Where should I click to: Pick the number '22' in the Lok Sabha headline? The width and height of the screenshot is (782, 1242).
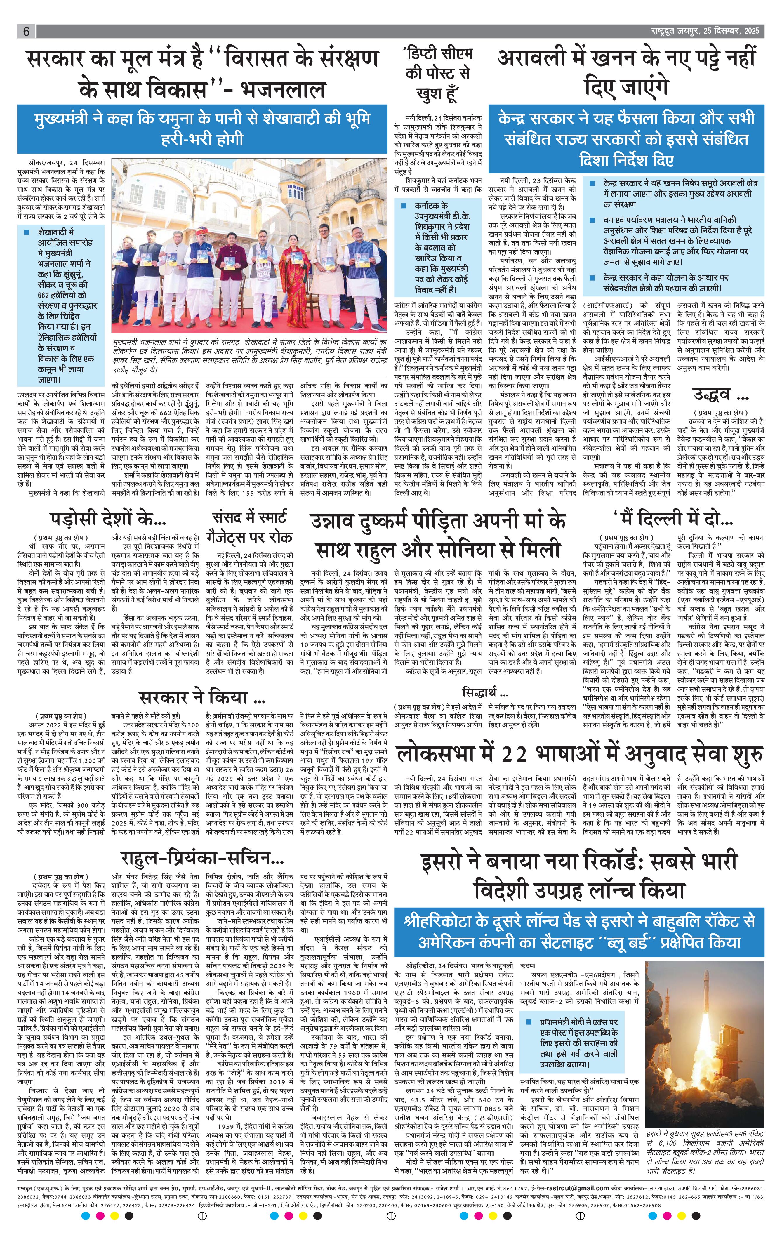pyautogui.click(x=513, y=753)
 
